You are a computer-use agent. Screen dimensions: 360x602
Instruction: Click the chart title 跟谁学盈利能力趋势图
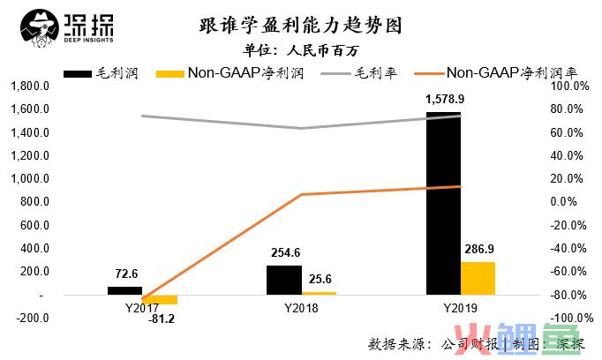pyautogui.click(x=301, y=26)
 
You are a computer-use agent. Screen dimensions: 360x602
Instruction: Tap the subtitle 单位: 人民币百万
pyautogui.click(x=301, y=51)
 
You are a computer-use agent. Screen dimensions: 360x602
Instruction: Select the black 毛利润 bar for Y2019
pyautogui.click(x=443, y=203)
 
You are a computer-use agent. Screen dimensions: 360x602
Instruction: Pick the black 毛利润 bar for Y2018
pyautogui.click(x=284, y=280)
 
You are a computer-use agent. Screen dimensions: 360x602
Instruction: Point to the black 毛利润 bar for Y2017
pyautogui.click(x=124, y=290)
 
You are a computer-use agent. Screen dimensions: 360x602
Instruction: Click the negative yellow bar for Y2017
pyautogui.click(x=160, y=299)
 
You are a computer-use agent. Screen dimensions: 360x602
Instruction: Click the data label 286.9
pyautogui.click(x=478, y=250)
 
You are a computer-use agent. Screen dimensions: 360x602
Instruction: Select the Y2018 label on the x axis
pyautogui.click(x=301, y=308)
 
